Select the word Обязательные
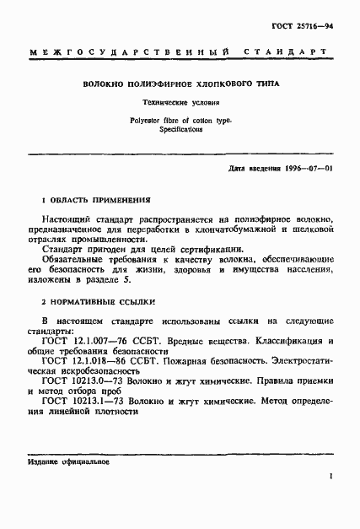click(75, 261)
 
